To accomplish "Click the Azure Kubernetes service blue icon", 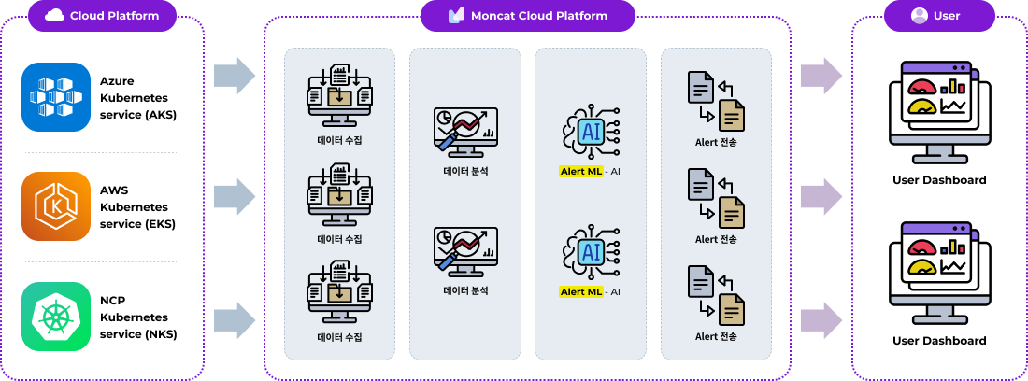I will pyautogui.click(x=56, y=97).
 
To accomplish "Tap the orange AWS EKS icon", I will pyautogui.click(x=56, y=206).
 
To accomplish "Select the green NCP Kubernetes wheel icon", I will pyautogui.click(x=56, y=317).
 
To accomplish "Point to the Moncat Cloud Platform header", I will pyautogui.click(x=528, y=15).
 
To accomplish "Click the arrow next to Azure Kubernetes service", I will pyautogui.click(x=234, y=76).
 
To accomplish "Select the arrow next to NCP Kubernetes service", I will pyautogui.click(x=234, y=319).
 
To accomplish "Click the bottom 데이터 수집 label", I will pyautogui.click(x=339, y=337).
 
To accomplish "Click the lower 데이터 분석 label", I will pyautogui.click(x=465, y=290).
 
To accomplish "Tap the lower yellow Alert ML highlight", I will pyautogui.click(x=580, y=291).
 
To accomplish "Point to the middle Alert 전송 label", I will pyautogui.click(x=717, y=239).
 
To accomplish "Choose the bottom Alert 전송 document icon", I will pyautogui.click(x=717, y=295).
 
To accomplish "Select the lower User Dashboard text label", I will pyautogui.click(x=939, y=341).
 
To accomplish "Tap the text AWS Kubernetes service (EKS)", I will pyautogui.click(x=137, y=206).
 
